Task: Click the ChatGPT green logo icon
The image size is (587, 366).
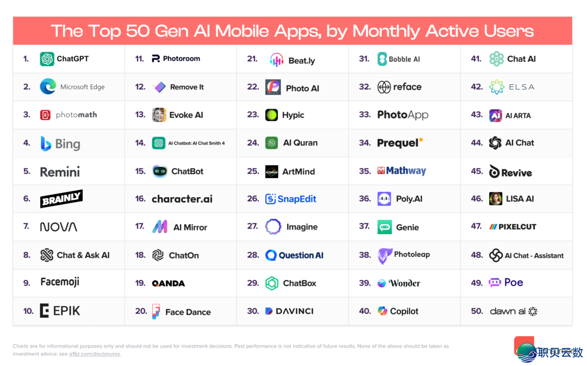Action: click(x=47, y=59)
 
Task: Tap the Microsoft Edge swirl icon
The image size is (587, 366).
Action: click(x=48, y=86)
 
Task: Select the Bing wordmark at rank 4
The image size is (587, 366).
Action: click(x=67, y=143)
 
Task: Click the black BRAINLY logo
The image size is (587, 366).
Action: click(x=61, y=199)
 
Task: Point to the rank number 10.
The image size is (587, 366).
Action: click(x=28, y=311)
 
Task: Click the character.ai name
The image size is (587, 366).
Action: click(x=182, y=199)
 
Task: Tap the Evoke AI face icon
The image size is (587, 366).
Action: click(x=159, y=115)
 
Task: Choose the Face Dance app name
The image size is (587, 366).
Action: click(x=188, y=312)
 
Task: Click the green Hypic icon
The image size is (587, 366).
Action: click(x=272, y=115)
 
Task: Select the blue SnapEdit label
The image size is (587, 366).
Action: click(x=297, y=199)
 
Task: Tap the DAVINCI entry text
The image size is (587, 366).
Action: click(x=295, y=311)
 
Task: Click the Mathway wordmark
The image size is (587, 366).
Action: click(x=407, y=171)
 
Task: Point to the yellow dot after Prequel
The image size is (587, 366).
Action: click(x=421, y=140)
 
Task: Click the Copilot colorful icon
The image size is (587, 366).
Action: click(x=383, y=311)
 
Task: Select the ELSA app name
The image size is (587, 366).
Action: click(x=521, y=87)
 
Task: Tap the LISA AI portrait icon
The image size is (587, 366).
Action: click(x=495, y=199)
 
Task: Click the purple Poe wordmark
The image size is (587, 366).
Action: click(x=514, y=282)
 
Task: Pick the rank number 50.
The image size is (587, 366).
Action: click(x=477, y=311)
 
